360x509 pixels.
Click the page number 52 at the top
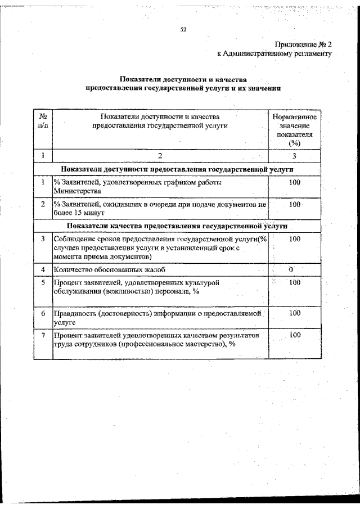(x=183, y=30)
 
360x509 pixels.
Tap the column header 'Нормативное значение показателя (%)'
(x=294, y=130)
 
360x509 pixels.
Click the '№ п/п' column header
(x=43, y=121)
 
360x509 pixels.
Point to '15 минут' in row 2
(x=89, y=213)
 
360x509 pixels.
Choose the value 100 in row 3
(x=294, y=239)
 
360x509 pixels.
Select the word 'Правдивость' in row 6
(x=75, y=313)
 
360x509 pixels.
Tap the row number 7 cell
(x=43, y=335)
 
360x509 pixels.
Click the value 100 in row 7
(x=294, y=335)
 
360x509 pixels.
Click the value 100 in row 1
(x=294, y=182)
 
